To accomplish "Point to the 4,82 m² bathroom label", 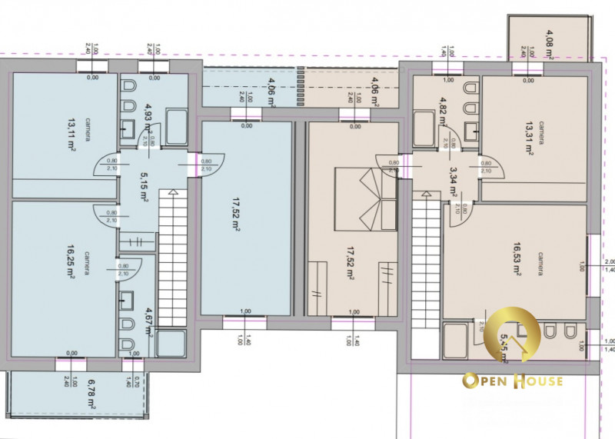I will [443, 111].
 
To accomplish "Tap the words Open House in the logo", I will [512, 381].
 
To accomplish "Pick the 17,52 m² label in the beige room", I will [351, 263].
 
